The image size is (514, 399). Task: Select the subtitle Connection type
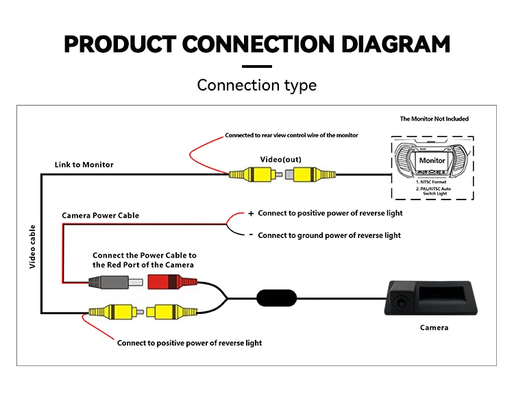[257, 86]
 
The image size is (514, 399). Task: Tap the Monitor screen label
[432, 160]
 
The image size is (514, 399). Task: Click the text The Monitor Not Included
[435, 119]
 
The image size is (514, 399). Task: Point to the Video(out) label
[280, 160]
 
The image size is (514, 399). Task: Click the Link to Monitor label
[84, 165]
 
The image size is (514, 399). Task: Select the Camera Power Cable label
[100, 215]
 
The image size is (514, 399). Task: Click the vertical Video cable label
[32, 246]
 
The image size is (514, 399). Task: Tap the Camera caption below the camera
[434, 328]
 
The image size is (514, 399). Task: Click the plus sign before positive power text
[251, 214]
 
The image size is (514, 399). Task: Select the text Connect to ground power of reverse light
[329, 236]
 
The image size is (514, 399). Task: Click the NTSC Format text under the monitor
[432, 182]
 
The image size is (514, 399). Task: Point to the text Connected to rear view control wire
[291, 135]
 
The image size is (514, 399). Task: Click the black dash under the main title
[257, 66]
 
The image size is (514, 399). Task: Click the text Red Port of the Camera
[143, 265]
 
